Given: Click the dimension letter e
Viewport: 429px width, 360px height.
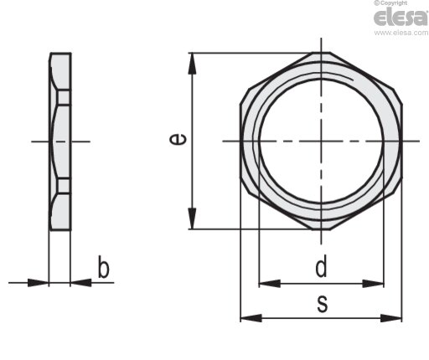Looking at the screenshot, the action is (x=178, y=139).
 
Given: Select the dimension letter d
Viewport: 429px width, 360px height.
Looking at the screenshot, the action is (x=321, y=267).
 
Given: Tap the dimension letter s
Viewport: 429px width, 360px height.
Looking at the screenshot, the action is (x=323, y=304).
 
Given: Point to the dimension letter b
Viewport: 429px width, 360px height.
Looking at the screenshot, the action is (x=103, y=267).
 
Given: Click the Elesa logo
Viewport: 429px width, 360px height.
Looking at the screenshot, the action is (x=401, y=17).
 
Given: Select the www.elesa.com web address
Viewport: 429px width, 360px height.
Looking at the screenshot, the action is (x=401, y=33).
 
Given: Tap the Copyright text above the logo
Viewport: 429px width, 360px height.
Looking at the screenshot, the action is (x=390, y=3).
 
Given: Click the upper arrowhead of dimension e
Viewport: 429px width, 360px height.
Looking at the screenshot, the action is (x=192, y=64).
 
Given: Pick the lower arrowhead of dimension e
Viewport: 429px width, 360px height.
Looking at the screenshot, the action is (x=192, y=219).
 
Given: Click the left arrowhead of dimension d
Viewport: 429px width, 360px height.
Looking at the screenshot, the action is (x=270, y=284).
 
